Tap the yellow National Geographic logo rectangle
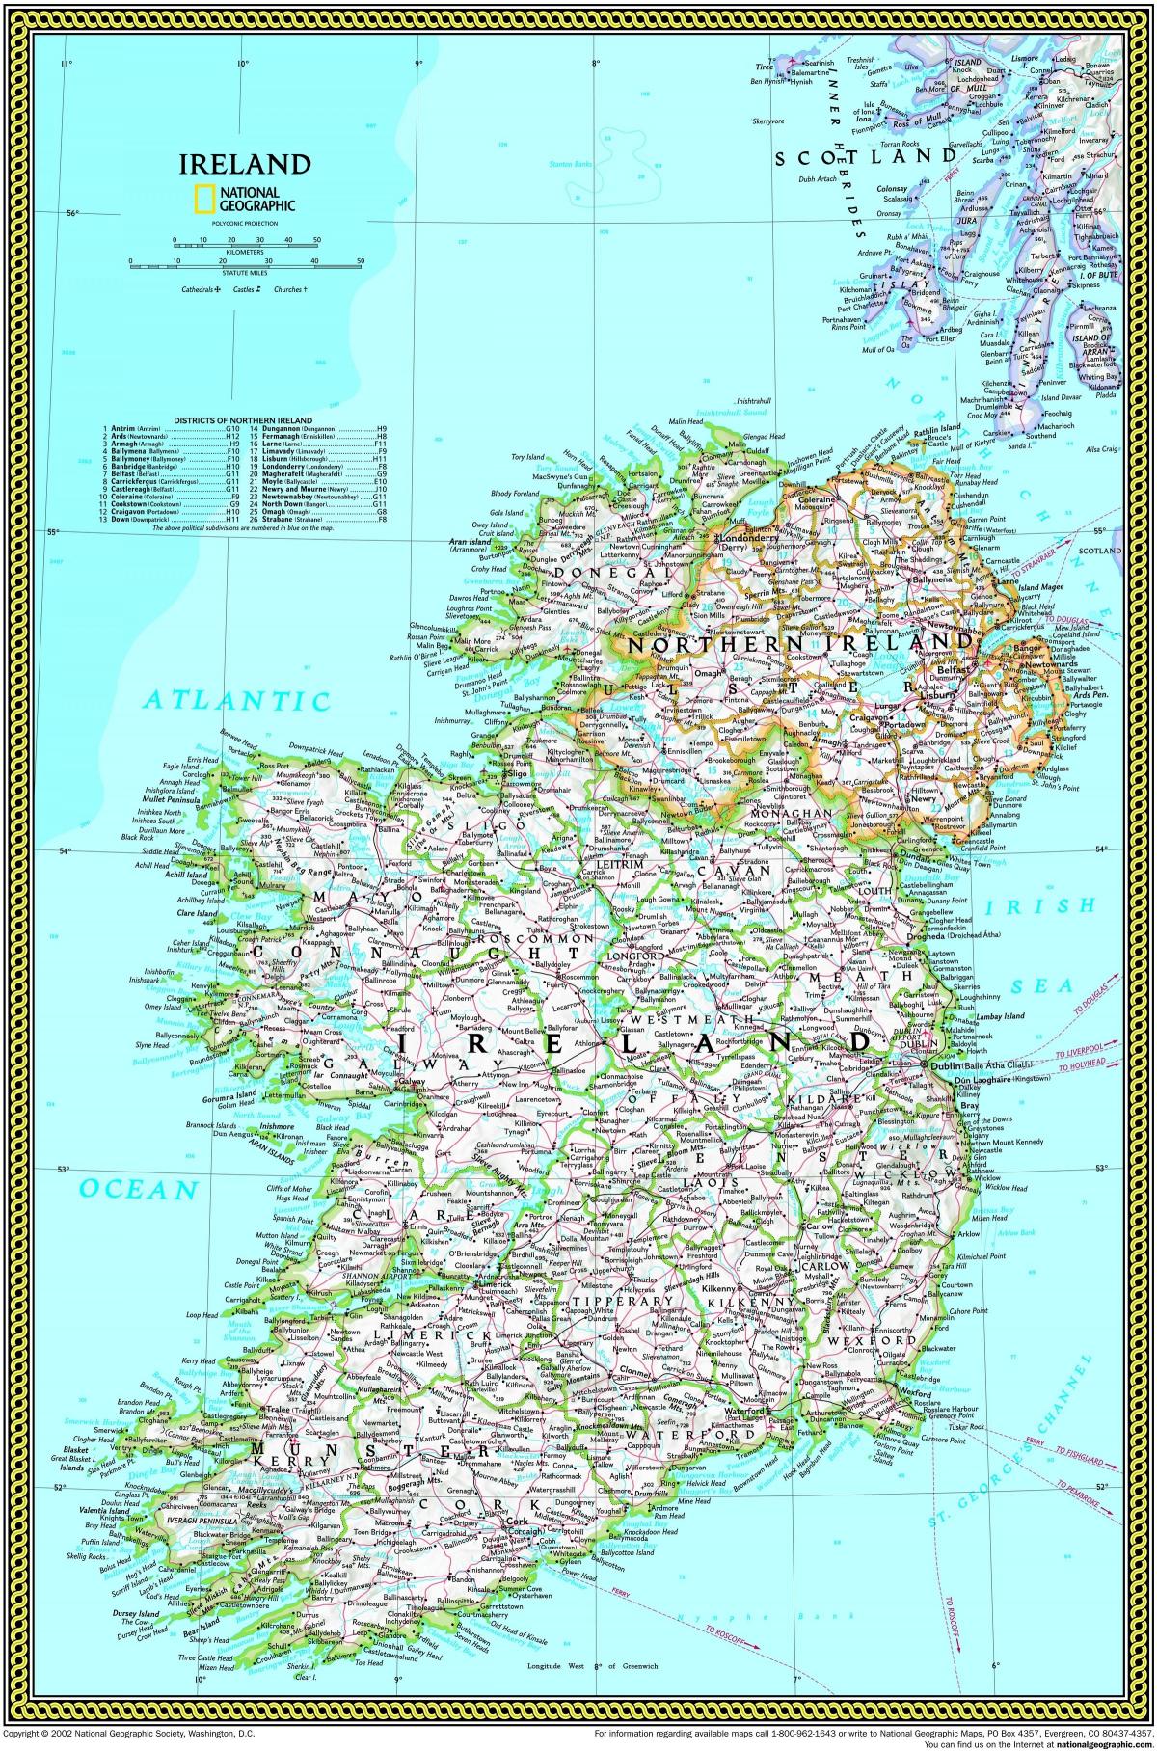point(204,198)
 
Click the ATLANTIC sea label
point(234,700)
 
